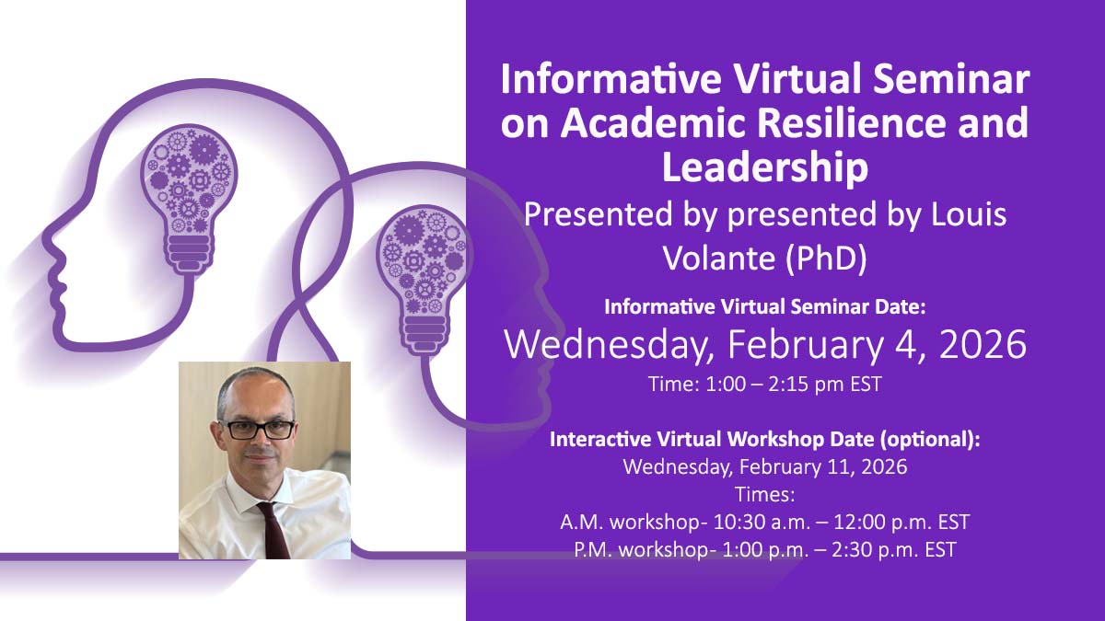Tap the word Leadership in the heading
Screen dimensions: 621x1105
pos(764,168)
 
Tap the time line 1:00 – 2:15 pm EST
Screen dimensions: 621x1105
pos(764,385)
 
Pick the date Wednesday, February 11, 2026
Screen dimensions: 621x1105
pos(764,466)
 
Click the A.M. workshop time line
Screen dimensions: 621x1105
pos(764,523)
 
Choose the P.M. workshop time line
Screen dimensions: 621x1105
pos(764,550)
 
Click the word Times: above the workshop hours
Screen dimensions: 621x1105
pos(764,494)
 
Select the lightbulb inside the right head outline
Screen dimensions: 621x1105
pos(424,267)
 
